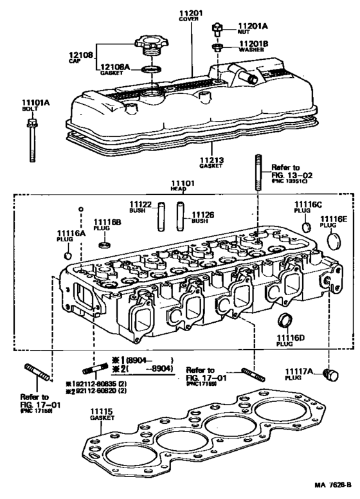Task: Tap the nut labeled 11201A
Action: click(x=219, y=28)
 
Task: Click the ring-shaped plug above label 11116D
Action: click(x=282, y=320)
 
